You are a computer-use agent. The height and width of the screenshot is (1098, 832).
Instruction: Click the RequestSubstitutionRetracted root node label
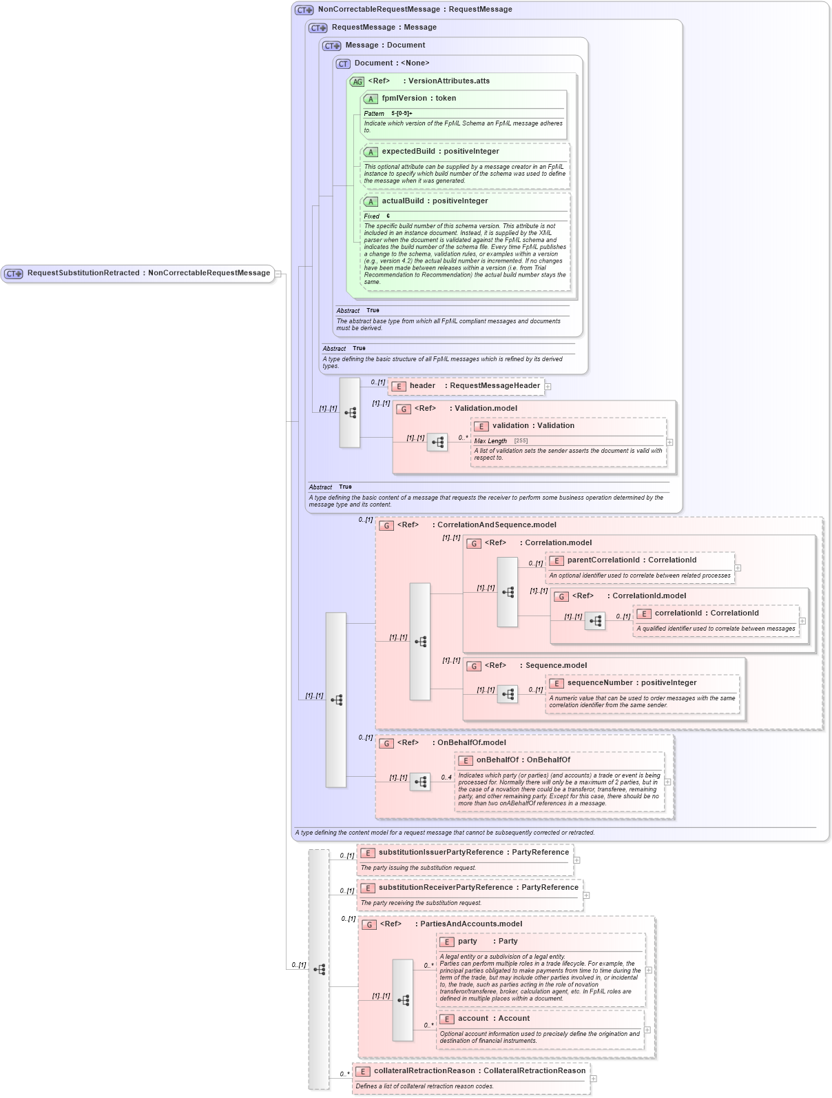(x=148, y=273)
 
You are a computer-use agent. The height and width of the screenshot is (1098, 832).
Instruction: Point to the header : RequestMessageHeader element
(x=474, y=386)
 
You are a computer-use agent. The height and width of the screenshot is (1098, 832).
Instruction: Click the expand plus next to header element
(x=548, y=387)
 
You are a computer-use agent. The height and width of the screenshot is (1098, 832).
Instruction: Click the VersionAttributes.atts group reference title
(x=448, y=81)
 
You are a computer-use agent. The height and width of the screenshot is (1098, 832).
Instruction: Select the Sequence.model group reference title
(x=556, y=666)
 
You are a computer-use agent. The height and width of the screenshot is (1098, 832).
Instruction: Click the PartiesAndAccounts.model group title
(x=470, y=924)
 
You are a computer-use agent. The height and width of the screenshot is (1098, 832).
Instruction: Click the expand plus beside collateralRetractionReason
(x=594, y=1079)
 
